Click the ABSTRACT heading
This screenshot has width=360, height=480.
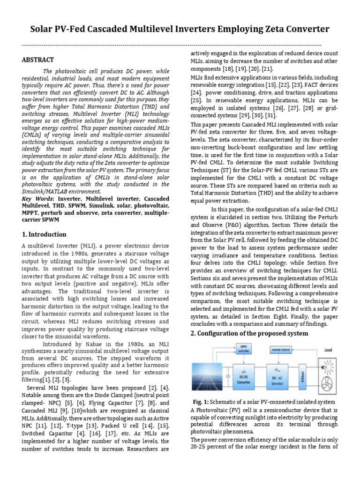38,60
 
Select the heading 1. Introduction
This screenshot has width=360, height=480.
45,234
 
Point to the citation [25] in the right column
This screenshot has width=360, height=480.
197,100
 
